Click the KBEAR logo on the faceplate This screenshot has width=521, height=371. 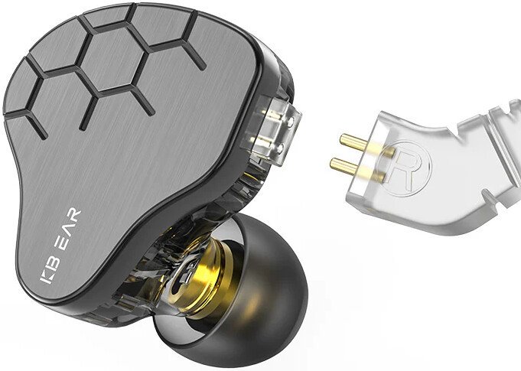(x=60, y=246)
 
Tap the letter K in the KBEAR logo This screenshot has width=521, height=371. (x=46, y=277)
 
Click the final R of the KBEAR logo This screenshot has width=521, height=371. (x=74, y=215)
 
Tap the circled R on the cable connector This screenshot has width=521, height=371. (x=407, y=167)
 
